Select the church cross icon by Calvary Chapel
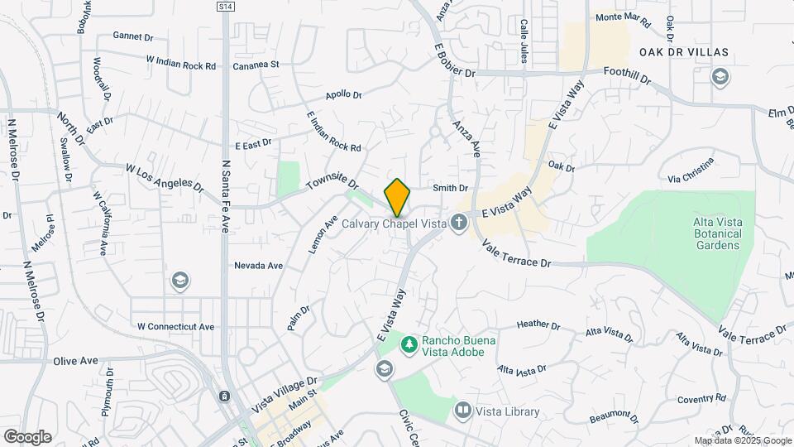pyautogui.click(x=459, y=222)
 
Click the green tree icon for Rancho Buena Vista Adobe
pyautogui.click(x=408, y=343)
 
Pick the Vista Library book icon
pyautogui.click(x=462, y=411)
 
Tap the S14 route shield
pyautogui.click(x=226, y=7)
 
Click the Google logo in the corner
pyautogui.click(x=27, y=436)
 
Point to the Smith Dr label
pyautogui.click(x=451, y=189)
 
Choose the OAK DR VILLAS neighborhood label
pyautogui.click(x=684, y=52)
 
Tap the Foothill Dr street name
pyautogui.click(x=628, y=75)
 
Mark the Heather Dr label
pyautogui.click(x=539, y=325)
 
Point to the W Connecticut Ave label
pyautogui.click(x=175, y=326)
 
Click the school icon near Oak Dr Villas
pyautogui.click(x=721, y=77)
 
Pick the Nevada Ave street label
pyautogui.click(x=258, y=266)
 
